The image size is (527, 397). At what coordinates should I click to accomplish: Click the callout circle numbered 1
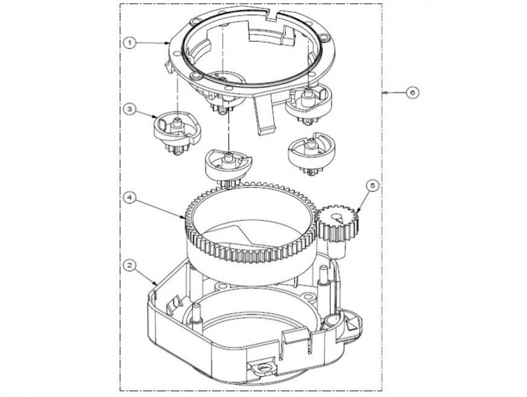coord(130,42)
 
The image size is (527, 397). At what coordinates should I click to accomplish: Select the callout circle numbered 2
coord(130,265)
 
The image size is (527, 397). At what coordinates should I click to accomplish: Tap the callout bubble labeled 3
coord(130,109)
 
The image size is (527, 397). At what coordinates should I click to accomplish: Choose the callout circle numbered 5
coord(373,187)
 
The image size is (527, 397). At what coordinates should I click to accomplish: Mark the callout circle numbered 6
coord(413,92)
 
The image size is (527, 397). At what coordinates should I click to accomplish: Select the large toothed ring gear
coord(251,232)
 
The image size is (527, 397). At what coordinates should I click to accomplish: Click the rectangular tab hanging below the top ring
coord(265,115)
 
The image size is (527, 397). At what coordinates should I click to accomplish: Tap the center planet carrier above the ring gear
coord(228,167)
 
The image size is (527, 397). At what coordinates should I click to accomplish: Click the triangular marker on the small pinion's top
coord(340,219)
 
